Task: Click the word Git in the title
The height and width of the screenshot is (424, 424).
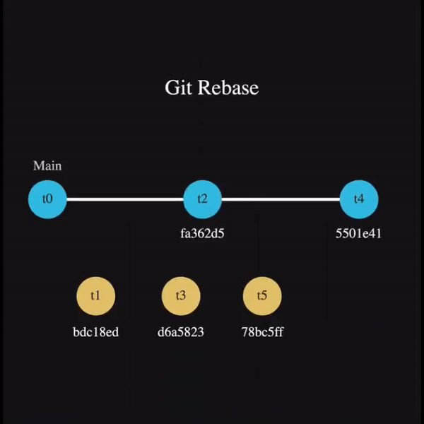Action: pos(178,88)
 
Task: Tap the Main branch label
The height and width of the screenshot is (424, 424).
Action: pos(47,166)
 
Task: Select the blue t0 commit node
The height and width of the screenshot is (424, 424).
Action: pos(47,199)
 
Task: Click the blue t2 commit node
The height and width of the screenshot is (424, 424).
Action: pos(203,199)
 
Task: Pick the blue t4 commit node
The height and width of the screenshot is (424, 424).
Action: pos(359,199)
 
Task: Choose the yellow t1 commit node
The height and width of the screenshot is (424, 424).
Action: pos(95,295)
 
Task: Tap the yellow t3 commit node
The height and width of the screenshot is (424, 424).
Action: pos(181,295)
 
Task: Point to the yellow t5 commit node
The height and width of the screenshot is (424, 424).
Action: pos(262,295)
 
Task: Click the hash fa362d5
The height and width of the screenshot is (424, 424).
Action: pos(203,234)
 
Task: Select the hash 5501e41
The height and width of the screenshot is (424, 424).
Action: pos(358,234)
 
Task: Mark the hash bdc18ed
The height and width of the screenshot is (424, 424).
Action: pos(95,331)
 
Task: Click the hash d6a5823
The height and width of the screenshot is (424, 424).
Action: pos(181,331)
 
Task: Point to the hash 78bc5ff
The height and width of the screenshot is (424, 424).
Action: pos(262,331)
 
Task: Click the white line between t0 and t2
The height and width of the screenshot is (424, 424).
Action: pos(125,199)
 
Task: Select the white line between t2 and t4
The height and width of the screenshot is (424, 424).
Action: pos(281,199)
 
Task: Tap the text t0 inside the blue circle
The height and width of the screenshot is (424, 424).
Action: pos(47,199)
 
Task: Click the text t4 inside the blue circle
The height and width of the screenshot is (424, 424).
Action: pos(359,199)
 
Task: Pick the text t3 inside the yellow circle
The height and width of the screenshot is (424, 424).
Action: pos(181,295)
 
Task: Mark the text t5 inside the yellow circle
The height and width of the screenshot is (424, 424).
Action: pos(262,295)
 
